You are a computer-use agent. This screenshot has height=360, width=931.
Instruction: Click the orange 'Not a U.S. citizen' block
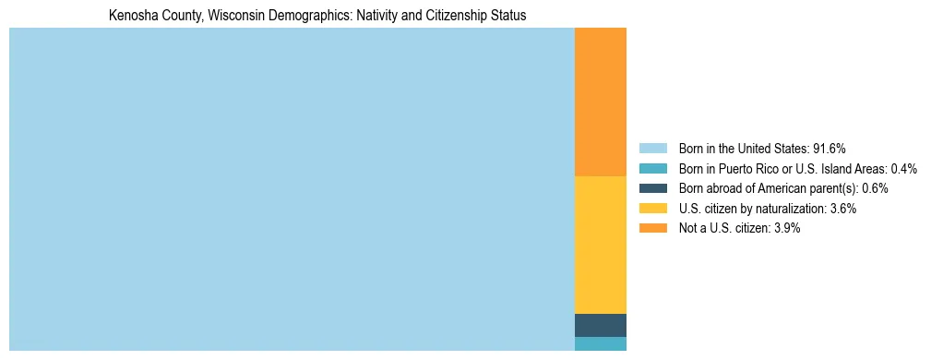[x=600, y=102]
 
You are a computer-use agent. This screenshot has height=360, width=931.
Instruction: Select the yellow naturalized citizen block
[x=600, y=245]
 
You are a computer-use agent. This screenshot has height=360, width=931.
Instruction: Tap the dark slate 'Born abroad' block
[x=600, y=325]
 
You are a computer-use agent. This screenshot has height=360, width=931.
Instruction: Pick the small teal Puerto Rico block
[x=600, y=343]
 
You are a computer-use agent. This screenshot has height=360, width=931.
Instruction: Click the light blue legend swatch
[x=652, y=149]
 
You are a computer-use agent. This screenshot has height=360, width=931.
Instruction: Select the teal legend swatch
[x=652, y=169]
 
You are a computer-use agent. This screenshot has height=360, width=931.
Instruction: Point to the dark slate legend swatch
[x=652, y=188]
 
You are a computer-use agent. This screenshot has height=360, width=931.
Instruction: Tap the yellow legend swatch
[x=652, y=209]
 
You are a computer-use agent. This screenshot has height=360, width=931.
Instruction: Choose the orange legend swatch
[x=652, y=229]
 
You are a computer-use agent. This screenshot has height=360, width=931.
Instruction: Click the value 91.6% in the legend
[x=829, y=149]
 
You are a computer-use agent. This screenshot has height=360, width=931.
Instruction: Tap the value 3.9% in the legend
[x=786, y=229]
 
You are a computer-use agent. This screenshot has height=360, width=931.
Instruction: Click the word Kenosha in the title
[x=131, y=16]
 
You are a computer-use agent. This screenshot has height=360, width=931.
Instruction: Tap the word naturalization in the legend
[x=787, y=209]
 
